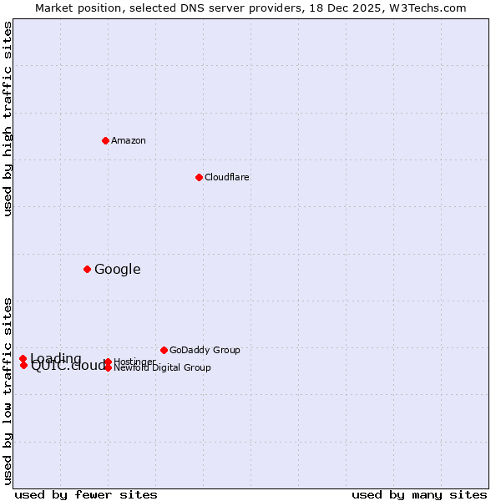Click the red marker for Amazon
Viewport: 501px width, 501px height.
pos(105,140)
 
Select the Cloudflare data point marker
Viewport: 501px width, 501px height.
pos(199,177)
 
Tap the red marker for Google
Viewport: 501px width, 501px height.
pos(87,269)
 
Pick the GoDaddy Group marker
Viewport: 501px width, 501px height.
pos(164,350)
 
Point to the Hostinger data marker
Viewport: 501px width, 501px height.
pos(108,362)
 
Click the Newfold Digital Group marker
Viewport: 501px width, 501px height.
pos(108,367)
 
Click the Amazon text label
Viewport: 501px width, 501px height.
pos(129,140)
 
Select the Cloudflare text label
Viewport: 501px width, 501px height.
pos(227,177)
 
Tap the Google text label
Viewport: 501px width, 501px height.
pos(118,269)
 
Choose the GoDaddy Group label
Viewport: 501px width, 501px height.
pos(205,350)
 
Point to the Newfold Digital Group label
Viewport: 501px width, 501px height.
pos(163,367)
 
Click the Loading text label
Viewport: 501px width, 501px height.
pos(56,358)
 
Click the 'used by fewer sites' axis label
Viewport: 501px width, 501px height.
pos(86,494)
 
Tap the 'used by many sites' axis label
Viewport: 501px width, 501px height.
pos(419,494)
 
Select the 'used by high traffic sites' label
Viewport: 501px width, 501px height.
pos(8,119)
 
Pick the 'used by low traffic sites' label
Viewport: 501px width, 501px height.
pos(8,390)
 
